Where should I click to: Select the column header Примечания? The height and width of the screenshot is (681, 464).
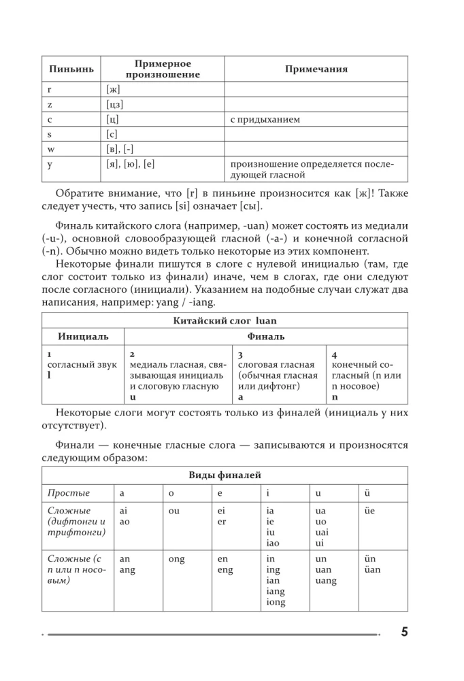(x=316, y=69)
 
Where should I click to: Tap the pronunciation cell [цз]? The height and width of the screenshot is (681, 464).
(x=115, y=104)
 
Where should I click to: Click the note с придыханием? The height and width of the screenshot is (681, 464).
(x=265, y=119)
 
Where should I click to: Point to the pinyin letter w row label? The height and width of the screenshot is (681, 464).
(x=50, y=149)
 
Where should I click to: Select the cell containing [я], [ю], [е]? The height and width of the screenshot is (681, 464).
(x=131, y=164)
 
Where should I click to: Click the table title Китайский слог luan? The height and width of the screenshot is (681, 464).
(x=225, y=320)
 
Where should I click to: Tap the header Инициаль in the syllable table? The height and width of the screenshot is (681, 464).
(x=82, y=336)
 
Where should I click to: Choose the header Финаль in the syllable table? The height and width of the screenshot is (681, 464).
(x=265, y=336)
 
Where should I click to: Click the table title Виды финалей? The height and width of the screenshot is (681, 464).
(x=225, y=475)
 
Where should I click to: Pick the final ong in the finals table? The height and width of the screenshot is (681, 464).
(x=176, y=558)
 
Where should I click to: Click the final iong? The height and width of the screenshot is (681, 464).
(x=276, y=603)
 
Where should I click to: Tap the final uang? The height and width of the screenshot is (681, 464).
(x=326, y=581)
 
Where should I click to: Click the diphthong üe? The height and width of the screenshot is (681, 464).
(x=370, y=510)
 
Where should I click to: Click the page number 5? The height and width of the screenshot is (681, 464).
(x=404, y=631)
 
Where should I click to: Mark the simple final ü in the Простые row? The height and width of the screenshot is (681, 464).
(x=368, y=492)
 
